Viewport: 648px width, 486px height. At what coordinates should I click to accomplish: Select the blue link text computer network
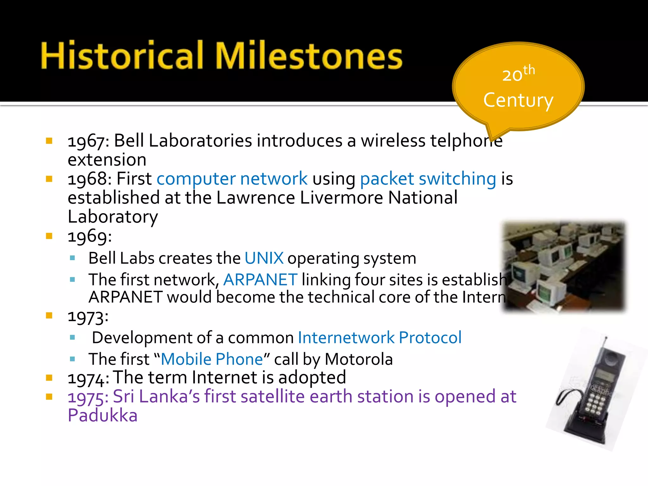coord(232,179)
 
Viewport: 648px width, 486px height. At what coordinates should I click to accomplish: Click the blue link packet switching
coord(428,179)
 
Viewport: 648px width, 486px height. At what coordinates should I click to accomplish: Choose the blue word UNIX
coord(264,258)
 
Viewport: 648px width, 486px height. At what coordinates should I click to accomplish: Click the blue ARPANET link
coord(260,280)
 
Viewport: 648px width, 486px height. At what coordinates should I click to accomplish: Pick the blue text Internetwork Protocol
coord(379,338)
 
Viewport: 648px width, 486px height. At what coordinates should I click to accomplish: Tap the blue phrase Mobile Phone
coord(212,359)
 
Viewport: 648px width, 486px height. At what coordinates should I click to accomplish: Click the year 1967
coord(86,141)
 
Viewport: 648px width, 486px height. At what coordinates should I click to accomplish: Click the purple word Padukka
coord(103,415)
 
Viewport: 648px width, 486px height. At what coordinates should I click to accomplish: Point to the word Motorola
coord(358,359)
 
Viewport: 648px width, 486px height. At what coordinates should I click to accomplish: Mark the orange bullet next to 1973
coord(49,315)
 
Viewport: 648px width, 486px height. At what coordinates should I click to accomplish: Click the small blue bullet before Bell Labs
coord(72,258)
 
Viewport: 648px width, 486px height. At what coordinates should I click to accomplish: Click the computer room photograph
coord(564,266)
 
